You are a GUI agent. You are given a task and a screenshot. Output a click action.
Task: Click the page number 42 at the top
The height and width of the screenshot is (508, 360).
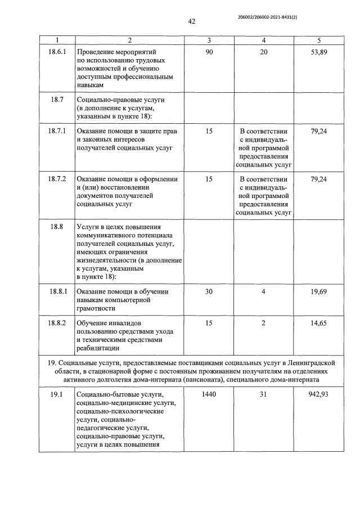[x=192, y=21]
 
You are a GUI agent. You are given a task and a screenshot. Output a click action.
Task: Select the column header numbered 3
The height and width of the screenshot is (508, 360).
[x=209, y=41]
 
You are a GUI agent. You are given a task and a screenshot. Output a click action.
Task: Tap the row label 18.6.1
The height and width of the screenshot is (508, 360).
[x=57, y=51]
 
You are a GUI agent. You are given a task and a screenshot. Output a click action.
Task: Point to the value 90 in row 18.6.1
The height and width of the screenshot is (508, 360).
[x=209, y=51]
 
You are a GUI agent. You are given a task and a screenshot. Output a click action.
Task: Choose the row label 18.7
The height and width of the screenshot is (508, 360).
[x=57, y=100]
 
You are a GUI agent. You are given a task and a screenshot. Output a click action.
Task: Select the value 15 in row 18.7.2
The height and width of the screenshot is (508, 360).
[x=209, y=179]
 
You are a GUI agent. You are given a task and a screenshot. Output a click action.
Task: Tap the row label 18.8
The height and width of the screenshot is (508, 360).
[x=57, y=227]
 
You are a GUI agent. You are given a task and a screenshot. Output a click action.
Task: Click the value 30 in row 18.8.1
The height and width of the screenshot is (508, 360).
[x=209, y=291]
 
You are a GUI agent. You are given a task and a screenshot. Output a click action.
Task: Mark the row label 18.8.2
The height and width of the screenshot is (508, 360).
[x=57, y=323]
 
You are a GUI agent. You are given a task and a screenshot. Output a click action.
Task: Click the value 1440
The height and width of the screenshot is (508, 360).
[x=209, y=394]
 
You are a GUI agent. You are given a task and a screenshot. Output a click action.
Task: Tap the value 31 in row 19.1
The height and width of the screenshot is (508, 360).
[x=264, y=394]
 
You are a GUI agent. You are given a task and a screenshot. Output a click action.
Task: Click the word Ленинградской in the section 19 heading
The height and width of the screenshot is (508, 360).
[x=319, y=360]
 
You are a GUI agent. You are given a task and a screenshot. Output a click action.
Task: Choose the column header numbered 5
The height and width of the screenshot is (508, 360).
[x=319, y=41]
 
